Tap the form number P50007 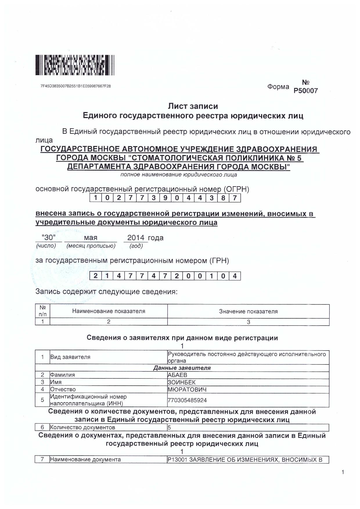point(305,91)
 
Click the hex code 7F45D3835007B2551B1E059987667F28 point(75,86)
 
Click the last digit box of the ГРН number point(235,276)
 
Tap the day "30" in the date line point(48,238)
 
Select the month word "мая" point(91,238)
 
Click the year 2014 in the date point(136,238)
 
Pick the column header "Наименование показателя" point(109,311)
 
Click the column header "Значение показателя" point(248,311)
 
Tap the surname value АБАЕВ point(177,375)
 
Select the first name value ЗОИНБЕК point(182,382)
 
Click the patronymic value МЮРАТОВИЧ point(187,389)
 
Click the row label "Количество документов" point(82,427)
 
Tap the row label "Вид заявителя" point(70,357)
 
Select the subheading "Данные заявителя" point(182,368)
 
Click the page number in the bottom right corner point(343,472)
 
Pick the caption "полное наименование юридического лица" point(179,175)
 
